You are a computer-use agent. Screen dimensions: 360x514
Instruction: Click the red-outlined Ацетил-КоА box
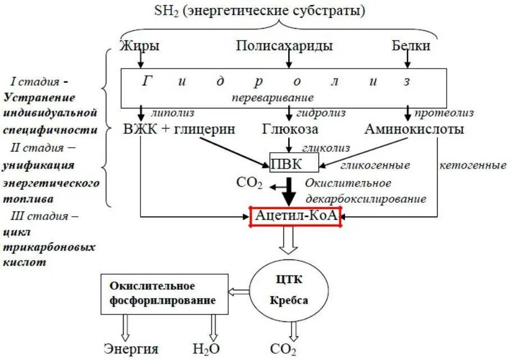coord(295,216)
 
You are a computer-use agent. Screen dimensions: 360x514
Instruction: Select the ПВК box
coord(294,163)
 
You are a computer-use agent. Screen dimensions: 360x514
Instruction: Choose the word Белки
coord(411,46)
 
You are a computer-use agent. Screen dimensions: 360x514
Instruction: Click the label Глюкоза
coord(290,129)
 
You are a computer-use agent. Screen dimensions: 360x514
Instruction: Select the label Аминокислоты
coord(415,129)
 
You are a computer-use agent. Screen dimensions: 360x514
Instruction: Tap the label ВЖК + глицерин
coord(179,129)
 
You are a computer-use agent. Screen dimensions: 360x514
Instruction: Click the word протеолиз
coord(444,114)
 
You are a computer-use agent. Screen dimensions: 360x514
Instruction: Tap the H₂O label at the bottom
coord(206,349)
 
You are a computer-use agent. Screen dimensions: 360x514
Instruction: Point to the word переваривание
coord(272,97)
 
